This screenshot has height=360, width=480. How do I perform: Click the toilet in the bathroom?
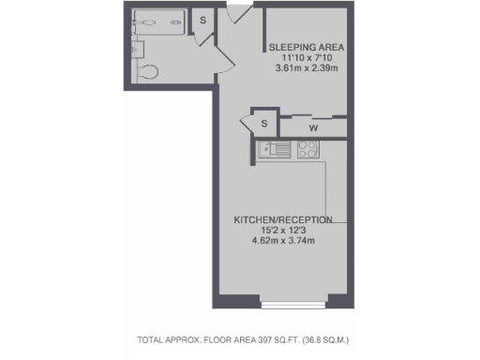148,70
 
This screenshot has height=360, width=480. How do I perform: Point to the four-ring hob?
307,148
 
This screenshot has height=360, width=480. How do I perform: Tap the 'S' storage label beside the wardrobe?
263,124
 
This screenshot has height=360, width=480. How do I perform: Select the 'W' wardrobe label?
312,127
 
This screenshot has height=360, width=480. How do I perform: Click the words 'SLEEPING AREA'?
306,47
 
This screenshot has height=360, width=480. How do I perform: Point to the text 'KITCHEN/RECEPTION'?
283,219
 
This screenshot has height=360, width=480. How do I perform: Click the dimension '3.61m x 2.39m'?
306,68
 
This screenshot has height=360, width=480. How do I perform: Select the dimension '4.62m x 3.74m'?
282,241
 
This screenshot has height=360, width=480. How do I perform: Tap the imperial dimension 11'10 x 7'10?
306,58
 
